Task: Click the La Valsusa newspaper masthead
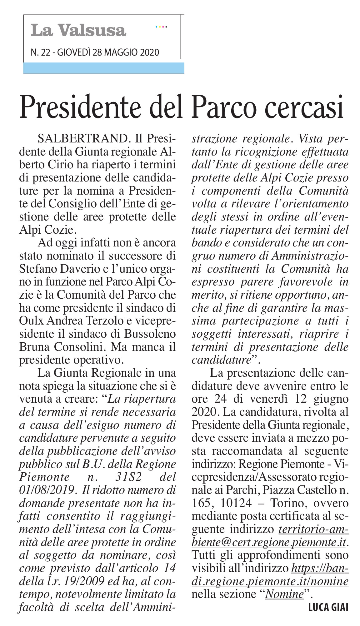click(78, 30)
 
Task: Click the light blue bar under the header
click(104, 68)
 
